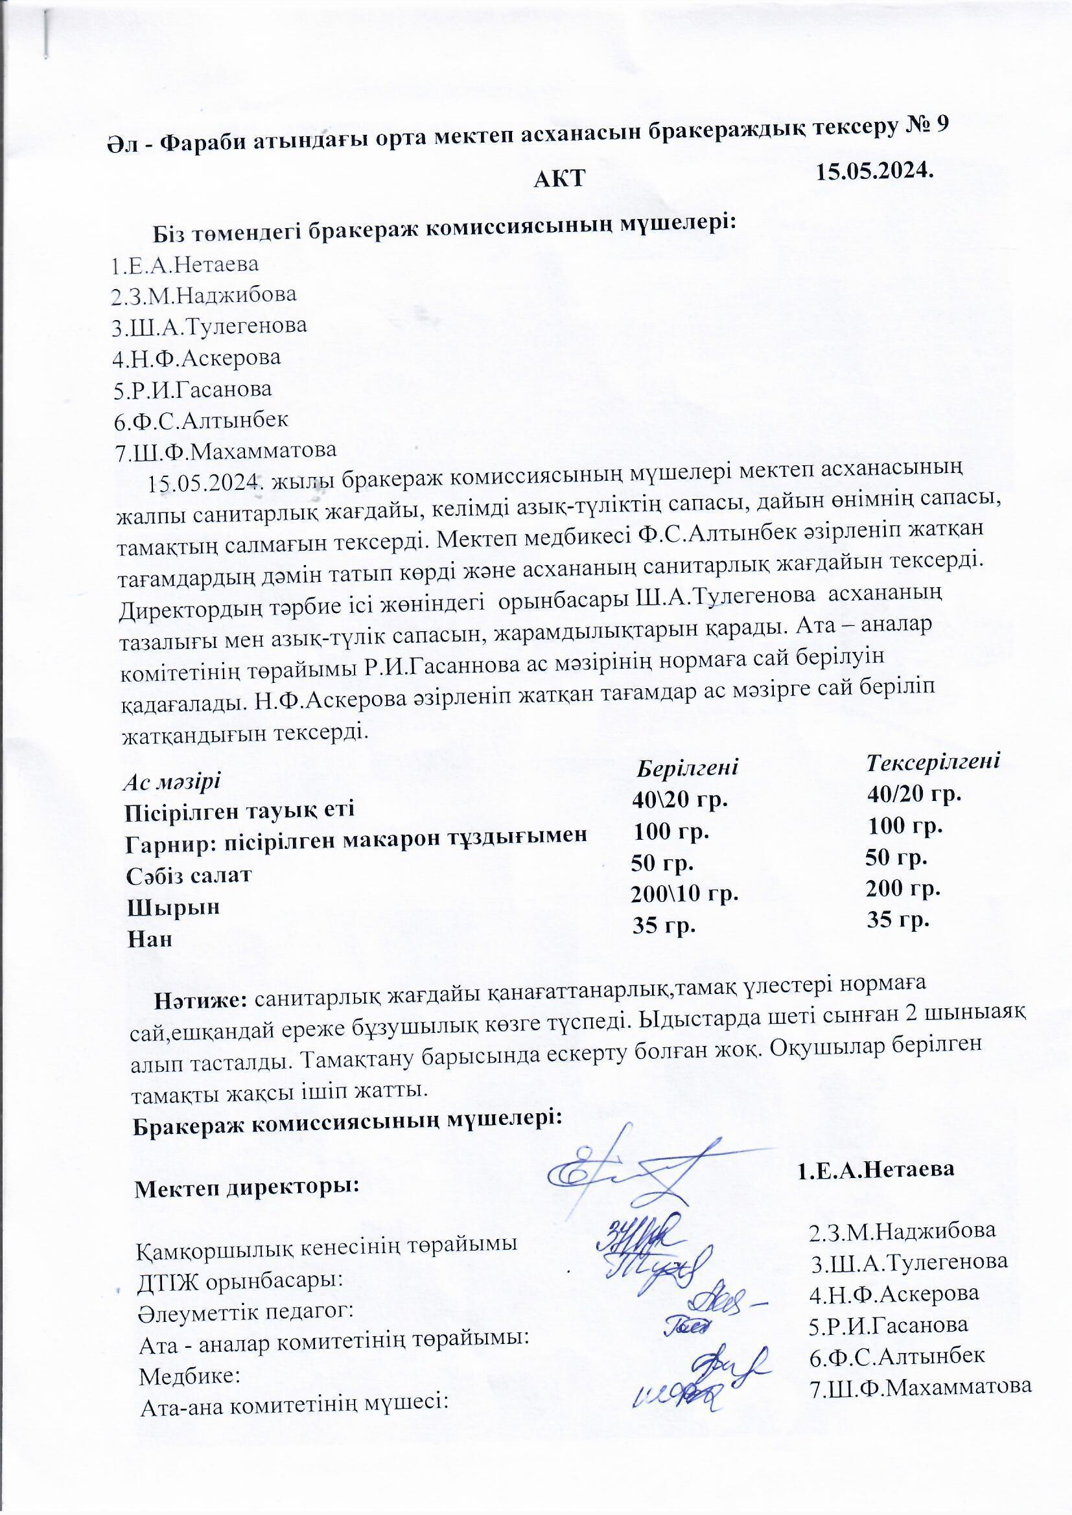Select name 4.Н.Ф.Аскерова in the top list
coord(196,358)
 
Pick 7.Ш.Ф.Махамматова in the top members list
coord(225,452)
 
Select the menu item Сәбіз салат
coord(189,875)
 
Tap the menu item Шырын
coord(173,907)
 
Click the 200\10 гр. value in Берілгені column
coord(684,895)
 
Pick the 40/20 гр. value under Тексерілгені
coord(915,794)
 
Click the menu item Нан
coord(150,939)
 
